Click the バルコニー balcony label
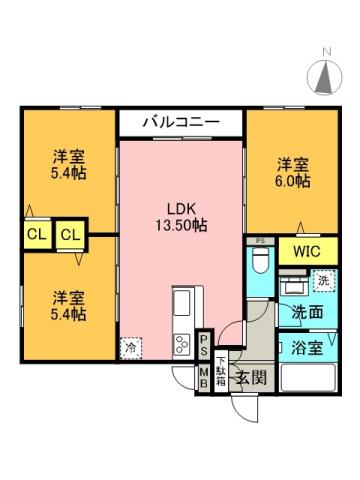[x=181, y=122]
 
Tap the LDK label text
[x=182, y=209]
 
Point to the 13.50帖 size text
[x=182, y=227]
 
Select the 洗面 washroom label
[x=307, y=312]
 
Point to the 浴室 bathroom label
[x=308, y=349]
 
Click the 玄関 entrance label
[x=250, y=377]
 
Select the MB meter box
[x=203, y=377]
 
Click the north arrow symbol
[x=326, y=78]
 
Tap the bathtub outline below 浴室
[x=308, y=381]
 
